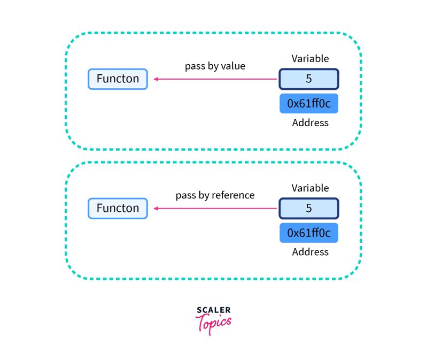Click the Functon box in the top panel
(x=118, y=79)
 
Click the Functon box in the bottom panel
(x=118, y=208)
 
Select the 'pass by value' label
(x=214, y=66)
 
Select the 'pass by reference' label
(x=215, y=195)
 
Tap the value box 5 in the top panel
(x=308, y=79)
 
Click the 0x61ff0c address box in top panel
(x=308, y=104)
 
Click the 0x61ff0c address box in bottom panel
(x=308, y=233)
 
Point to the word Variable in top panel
(x=310, y=58)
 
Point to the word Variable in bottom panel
(x=310, y=188)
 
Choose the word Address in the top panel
(x=310, y=122)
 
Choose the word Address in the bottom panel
(x=310, y=251)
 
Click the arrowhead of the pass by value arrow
(x=156, y=79)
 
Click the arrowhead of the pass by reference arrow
(x=156, y=209)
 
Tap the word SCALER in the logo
(x=213, y=310)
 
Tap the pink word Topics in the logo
(x=214, y=323)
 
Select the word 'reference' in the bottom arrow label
(x=233, y=195)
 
